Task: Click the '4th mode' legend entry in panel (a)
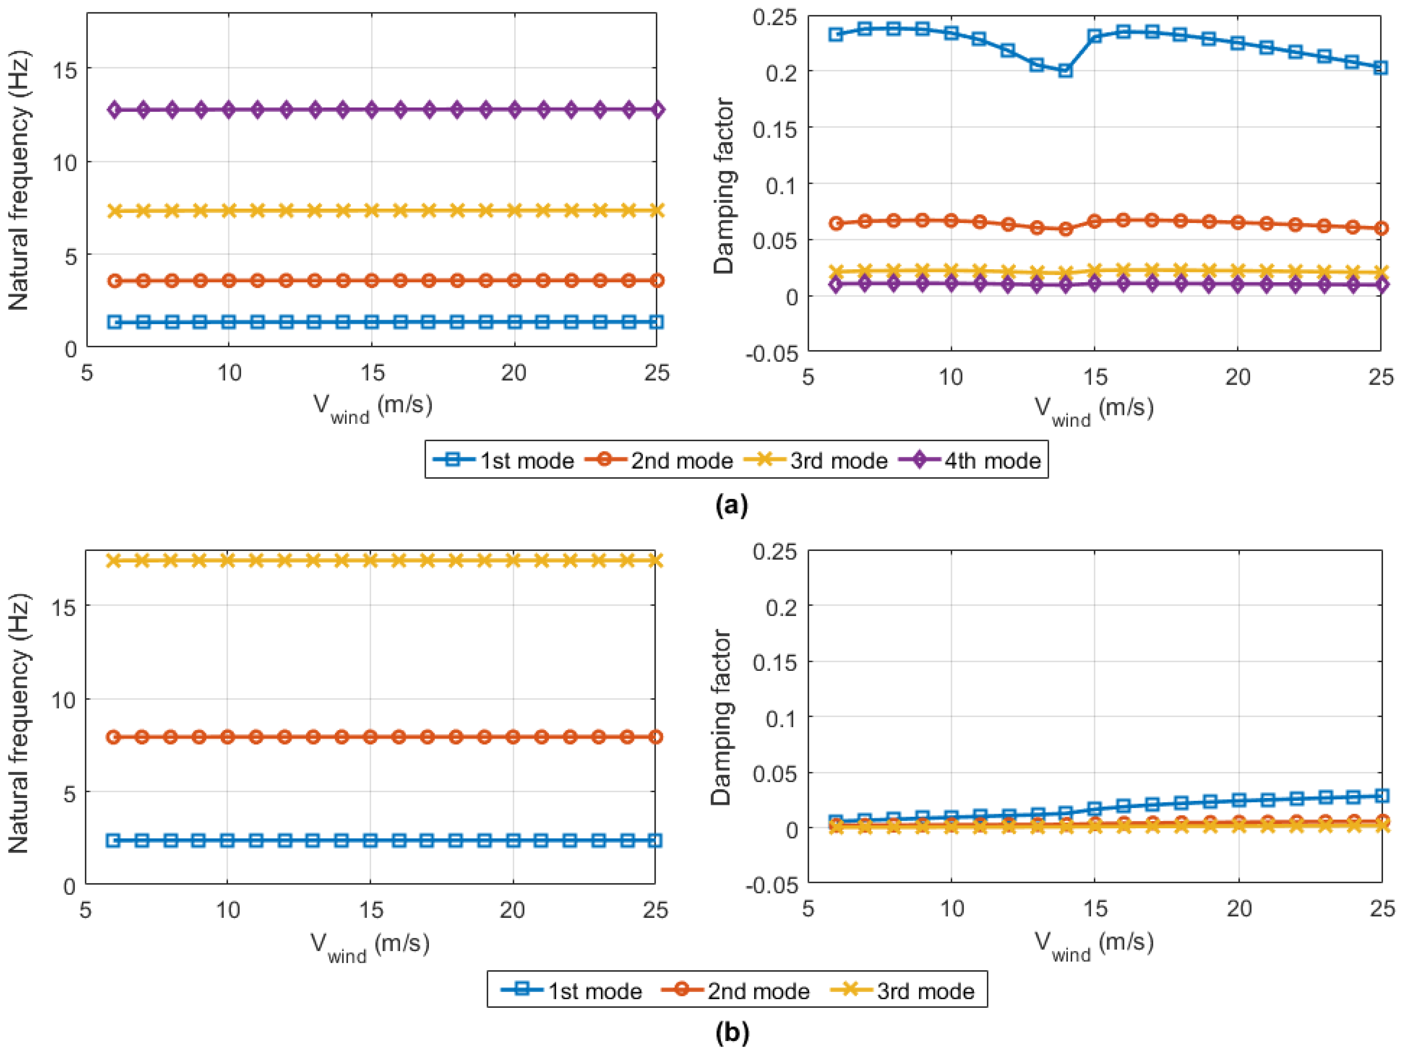point(992,460)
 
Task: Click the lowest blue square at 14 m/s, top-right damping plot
point(1065,70)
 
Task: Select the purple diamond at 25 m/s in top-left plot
point(657,110)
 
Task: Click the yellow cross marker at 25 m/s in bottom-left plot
point(656,560)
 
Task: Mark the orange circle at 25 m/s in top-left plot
point(657,280)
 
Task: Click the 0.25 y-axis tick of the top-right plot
point(775,17)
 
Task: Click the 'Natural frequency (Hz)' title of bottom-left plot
point(18,724)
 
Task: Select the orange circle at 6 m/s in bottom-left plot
point(113,737)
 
